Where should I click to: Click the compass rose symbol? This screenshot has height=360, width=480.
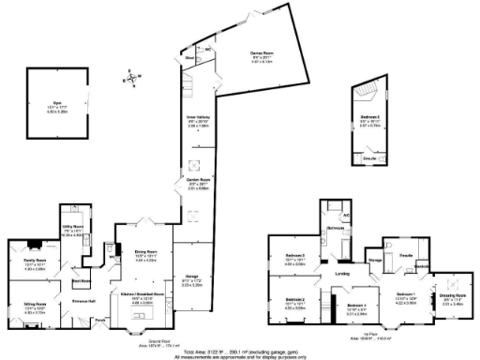click(x=134, y=79)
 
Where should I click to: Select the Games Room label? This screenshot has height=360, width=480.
click(x=247, y=54)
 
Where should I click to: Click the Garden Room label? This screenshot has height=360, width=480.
click(x=197, y=182)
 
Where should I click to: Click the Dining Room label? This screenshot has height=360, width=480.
click(x=144, y=252)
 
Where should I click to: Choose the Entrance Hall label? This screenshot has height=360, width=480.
click(x=86, y=302)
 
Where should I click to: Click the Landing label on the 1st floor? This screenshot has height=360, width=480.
click(x=342, y=274)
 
